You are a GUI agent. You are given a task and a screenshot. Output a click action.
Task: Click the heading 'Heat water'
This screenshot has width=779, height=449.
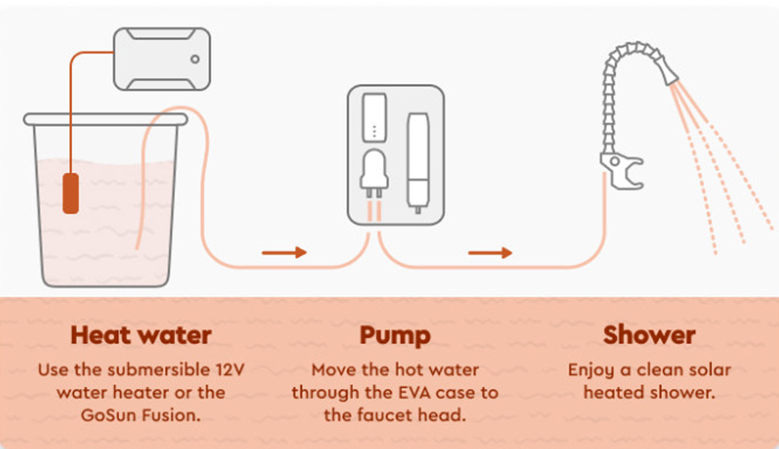click(x=141, y=335)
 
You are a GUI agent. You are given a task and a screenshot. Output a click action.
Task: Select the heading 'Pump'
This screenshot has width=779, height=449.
click(x=395, y=335)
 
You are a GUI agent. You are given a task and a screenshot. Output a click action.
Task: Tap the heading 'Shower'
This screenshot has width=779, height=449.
click(x=649, y=335)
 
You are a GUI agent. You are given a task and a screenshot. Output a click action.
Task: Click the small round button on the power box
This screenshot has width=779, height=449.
click(x=194, y=59)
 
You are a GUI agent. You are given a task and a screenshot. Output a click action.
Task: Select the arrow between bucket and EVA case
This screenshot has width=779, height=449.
click(x=284, y=253)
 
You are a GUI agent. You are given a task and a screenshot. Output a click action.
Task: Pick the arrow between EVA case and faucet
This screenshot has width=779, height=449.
click(x=490, y=253)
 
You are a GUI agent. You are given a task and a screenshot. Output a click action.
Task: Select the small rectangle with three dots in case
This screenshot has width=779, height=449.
click(x=375, y=117)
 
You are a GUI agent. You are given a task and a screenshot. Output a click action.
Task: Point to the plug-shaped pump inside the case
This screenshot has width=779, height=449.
click(x=375, y=173)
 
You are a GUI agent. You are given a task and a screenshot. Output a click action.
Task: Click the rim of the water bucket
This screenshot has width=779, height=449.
click(x=105, y=119)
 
